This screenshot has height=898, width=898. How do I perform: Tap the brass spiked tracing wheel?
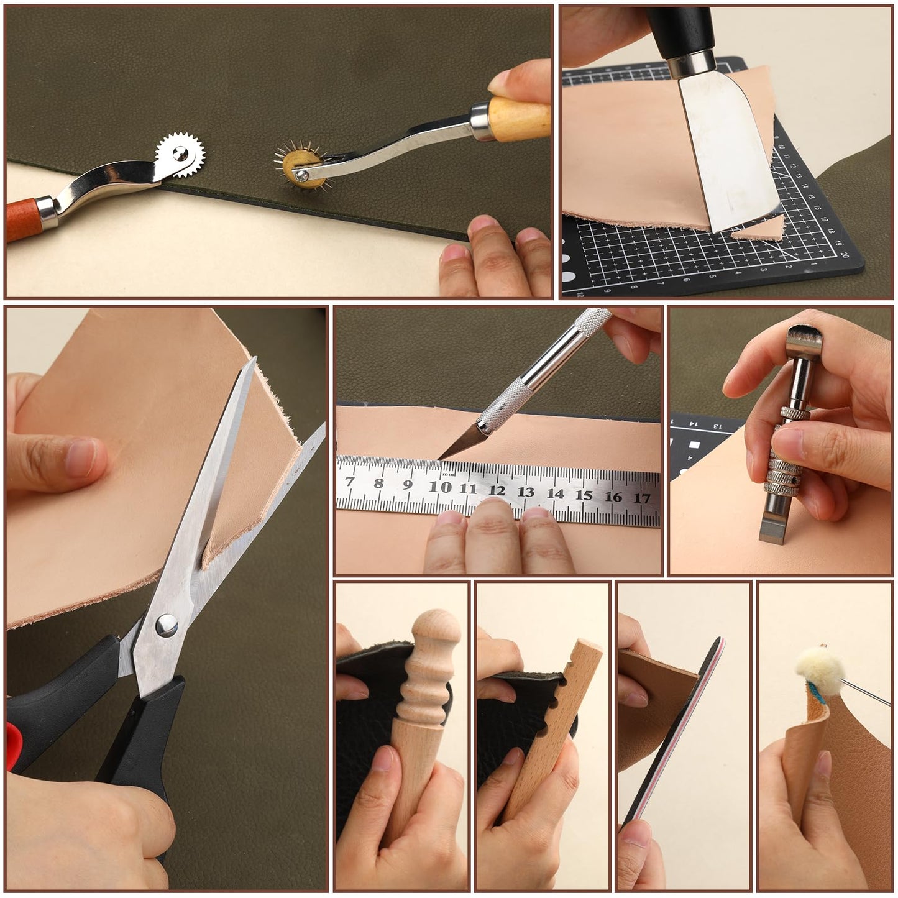(x=302, y=167)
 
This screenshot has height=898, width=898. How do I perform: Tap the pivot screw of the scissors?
(x=166, y=625)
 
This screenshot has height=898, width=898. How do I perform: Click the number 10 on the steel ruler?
(x=440, y=487)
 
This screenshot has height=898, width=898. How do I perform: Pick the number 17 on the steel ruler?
(x=642, y=498)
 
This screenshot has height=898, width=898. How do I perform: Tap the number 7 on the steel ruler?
(x=350, y=482)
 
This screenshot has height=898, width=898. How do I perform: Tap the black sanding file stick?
(x=671, y=733)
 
